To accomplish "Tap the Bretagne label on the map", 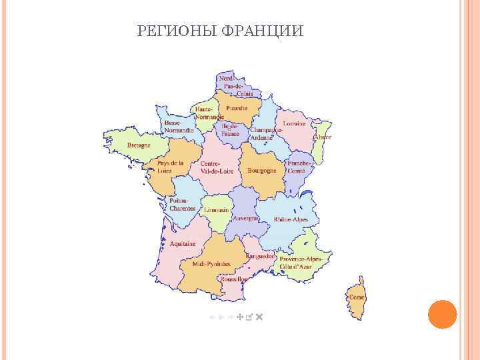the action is (139, 145).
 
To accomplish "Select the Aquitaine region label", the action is (183, 244).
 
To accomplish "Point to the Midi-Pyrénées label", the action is (211, 264).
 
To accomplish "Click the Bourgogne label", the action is (262, 171).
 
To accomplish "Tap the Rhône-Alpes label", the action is (291, 219).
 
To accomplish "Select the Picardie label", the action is (237, 107).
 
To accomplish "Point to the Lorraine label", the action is (294, 124).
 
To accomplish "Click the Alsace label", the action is (323, 137).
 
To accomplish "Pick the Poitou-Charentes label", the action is (182, 204).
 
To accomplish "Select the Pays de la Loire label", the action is (171, 167).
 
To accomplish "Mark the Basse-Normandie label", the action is (179, 127).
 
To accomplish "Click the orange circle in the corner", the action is (441, 314).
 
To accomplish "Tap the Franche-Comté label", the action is (299, 167).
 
